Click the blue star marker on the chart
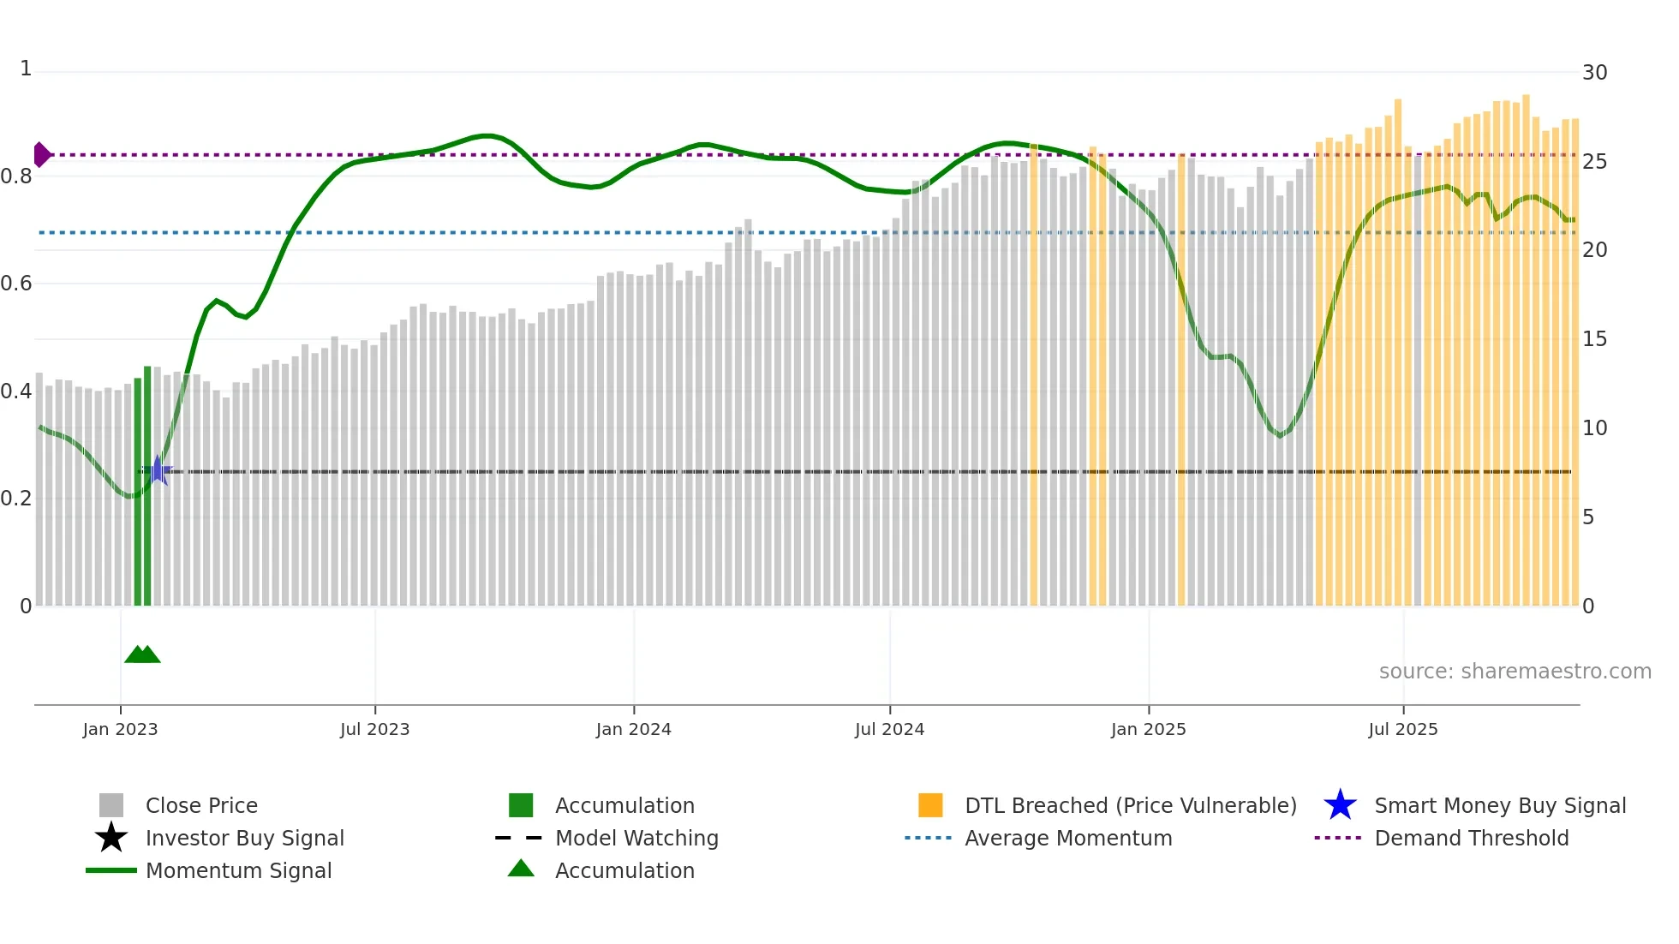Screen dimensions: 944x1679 pyautogui.click(x=158, y=470)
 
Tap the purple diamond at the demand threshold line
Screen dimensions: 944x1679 pyautogui.click(x=41, y=155)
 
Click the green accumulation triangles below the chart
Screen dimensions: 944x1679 pyautogui.click(x=142, y=654)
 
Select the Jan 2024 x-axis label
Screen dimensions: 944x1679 pyautogui.click(x=633, y=729)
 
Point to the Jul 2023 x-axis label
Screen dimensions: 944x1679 pyautogui.click(x=374, y=729)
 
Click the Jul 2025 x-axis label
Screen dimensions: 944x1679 pyautogui.click(x=1402, y=729)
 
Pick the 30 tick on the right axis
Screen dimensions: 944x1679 pyautogui.click(x=1594, y=73)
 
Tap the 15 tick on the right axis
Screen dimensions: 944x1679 pyautogui.click(x=1594, y=339)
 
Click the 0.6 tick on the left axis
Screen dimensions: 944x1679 pyautogui.click(x=16, y=284)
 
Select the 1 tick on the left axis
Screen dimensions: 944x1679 pyautogui.click(x=26, y=69)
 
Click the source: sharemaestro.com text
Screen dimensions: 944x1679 pyautogui.click(x=1515, y=672)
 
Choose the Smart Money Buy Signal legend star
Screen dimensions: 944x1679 pyautogui.click(x=1340, y=805)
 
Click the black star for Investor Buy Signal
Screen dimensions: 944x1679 pyautogui.click(x=111, y=838)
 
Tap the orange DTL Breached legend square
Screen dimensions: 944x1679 pyautogui.click(x=930, y=805)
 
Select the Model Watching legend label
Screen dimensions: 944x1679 pyautogui.click(x=636, y=838)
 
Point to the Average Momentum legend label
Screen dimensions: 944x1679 pyautogui.click(x=1067, y=838)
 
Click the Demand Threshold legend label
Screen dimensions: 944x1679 pyautogui.click(x=1471, y=838)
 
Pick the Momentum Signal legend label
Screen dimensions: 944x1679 pyautogui.click(x=238, y=870)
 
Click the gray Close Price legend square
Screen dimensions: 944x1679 pyautogui.click(x=111, y=805)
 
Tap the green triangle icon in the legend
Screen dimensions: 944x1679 pyautogui.click(x=521, y=869)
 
